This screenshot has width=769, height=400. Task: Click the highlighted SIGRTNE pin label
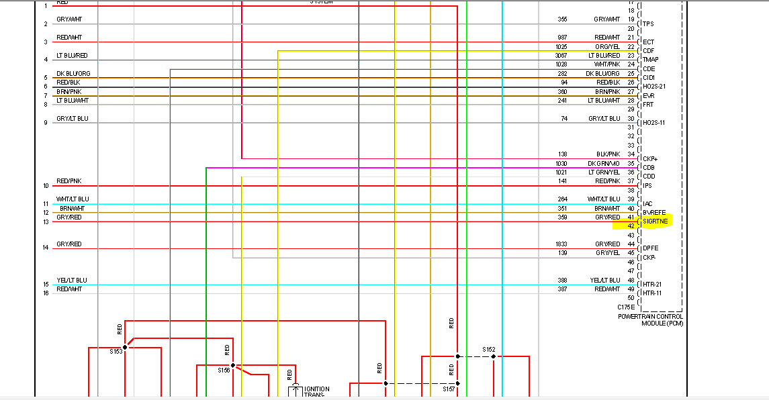655,221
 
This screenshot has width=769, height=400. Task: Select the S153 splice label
116,351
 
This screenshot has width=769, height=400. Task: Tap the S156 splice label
224,370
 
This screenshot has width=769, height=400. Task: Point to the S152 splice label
488,350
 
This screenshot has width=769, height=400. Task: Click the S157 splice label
449,389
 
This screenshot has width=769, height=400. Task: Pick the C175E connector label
626,307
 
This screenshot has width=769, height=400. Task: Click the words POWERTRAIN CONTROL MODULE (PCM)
650,319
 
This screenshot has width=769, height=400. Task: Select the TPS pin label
648,24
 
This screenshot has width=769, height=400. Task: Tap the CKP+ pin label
649,158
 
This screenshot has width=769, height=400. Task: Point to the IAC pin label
647,203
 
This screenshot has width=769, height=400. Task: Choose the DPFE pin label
650,248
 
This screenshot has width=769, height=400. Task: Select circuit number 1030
561,163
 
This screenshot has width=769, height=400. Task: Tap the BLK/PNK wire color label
608,154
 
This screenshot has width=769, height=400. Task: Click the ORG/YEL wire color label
607,46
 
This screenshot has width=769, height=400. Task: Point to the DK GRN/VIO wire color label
604,163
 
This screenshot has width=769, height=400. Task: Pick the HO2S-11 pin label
653,123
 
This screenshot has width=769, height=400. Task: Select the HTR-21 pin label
653,284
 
